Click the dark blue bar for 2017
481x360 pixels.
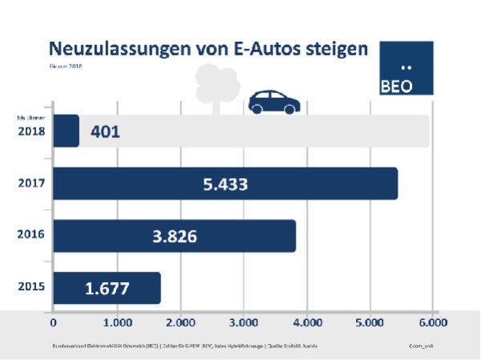point(225,184)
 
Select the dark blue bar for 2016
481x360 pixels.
point(174,236)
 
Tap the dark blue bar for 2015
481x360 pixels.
point(107,288)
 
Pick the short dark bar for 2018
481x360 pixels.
point(66,131)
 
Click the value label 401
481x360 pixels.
point(105,131)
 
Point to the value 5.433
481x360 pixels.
point(224,184)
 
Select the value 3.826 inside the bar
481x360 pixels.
point(173,237)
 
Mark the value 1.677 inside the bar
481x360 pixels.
point(107,289)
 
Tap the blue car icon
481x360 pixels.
point(274,102)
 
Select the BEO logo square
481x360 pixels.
point(406,68)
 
